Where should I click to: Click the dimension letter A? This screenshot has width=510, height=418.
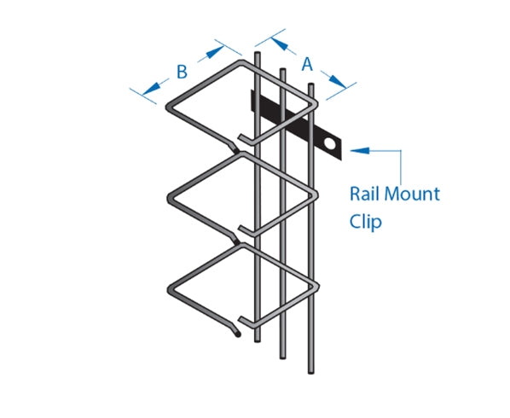(x=307, y=64)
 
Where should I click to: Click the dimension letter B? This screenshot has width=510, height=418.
(x=183, y=72)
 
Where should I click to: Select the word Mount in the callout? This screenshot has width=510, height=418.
(x=412, y=194)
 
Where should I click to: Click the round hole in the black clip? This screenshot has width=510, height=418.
(x=330, y=143)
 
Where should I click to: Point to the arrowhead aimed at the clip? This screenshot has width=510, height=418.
(x=360, y=150)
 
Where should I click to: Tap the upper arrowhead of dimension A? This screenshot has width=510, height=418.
(x=280, y=44)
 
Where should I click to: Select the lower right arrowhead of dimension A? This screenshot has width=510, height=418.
(x=339, y=82)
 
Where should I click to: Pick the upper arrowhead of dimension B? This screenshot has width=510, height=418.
(x=215, y=52)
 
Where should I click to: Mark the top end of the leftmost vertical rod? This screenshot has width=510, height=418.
(x=257, y=54)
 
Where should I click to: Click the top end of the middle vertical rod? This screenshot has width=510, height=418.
(x=282, y=70)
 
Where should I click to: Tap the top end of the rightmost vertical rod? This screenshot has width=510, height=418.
(x=311, y=85)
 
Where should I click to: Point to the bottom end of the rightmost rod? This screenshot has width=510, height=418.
(x=311, y=372)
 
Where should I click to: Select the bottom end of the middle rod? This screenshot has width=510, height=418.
(x=283, y=357)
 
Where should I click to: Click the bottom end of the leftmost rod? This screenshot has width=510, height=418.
(x=258, y=340)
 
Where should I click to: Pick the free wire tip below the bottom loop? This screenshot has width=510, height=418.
(x=238, y=334)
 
